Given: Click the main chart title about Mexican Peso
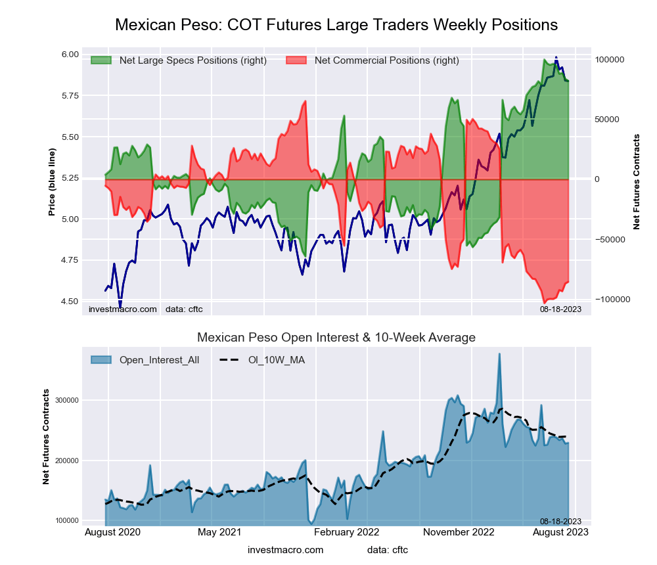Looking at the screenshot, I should (x=336, y=25).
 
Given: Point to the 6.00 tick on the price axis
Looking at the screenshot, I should (x=70, y=54).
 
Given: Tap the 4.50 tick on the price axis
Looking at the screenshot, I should (x=70, y=301).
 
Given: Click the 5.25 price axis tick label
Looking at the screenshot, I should (x=70, y=177).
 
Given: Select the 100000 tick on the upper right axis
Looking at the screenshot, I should (x=609, y=59).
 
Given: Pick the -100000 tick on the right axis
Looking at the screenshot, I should (x=610, y=299).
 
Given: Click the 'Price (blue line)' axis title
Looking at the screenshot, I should (x=53, y=183).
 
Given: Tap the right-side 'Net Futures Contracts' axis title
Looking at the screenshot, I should (x=636, y=181).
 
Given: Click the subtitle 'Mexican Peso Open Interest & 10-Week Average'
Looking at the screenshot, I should (x=336, y=338).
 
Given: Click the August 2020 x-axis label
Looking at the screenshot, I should (x=112, y=532).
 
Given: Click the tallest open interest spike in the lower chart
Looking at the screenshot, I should (x=499, y=355).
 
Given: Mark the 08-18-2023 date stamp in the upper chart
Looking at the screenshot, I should (x=560, y=309).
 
